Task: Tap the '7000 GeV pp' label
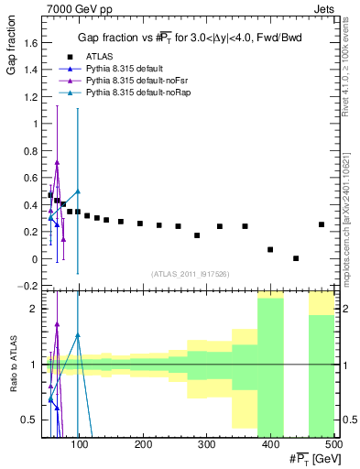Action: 71,7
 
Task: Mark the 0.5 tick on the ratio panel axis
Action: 30,420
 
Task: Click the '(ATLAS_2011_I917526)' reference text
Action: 189,274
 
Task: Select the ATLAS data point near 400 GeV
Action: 270,249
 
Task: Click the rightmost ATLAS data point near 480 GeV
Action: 322,224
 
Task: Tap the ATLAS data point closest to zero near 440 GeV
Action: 296,258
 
